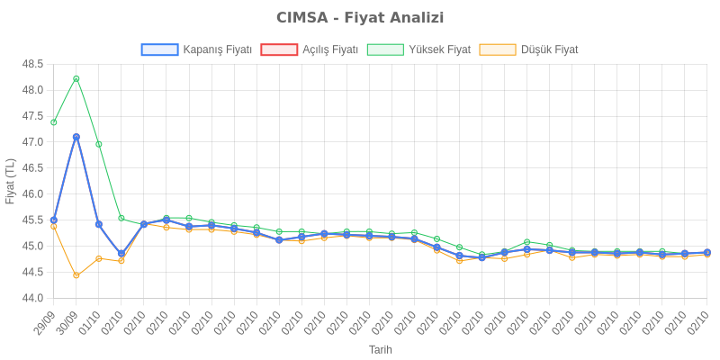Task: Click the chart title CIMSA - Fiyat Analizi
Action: pos(360,18)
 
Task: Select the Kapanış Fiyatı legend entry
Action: pos(197,49)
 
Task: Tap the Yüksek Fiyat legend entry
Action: pos(419,49)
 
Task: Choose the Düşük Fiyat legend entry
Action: pos(529,49)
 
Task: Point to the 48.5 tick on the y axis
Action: pos(33,64)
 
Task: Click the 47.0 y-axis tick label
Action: pos(33,142)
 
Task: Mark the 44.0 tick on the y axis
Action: pos(33,298)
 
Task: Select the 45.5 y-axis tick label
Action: pos(33,220)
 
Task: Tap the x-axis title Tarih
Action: pos(380,349)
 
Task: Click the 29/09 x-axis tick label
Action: pos(43,322)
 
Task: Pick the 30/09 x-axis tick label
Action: pos(66,322)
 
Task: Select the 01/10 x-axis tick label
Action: pos(88,322)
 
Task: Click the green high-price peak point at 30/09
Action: pos(76,78)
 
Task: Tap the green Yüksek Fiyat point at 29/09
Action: pos(54,122)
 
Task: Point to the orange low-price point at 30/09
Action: pos(76,275)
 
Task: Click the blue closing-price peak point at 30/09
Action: pos(76,137)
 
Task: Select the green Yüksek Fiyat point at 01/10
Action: pos(99,144)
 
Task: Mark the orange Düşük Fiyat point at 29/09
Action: pos(54,227)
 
